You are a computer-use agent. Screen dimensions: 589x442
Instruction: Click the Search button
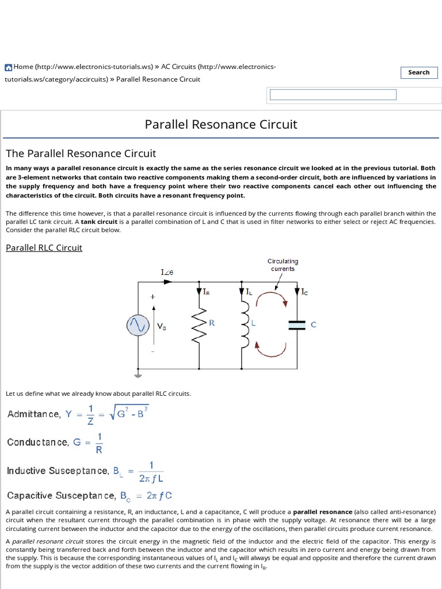pyautogui.click(x=418, y=72)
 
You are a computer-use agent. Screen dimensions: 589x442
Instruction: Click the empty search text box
pyautogui.click(x=333, y=95)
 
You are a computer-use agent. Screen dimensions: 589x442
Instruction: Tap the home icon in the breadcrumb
pyautogui.click(x=9, y=67)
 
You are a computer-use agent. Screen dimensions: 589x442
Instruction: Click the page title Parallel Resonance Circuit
pyautogui.click(x=221, y=124)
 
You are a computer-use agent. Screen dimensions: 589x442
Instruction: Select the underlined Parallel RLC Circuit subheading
pyautogui.click(x=44, y=247)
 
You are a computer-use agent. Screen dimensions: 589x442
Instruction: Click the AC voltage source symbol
pyautogui.click(x=138, y=326)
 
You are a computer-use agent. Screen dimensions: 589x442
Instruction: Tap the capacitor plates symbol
pyautogui.click(x=297, y=325)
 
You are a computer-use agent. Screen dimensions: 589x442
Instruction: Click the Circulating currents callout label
pyautogui.click(x=282, y=265)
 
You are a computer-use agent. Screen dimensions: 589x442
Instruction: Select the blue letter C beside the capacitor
pyautogui.click(x=314, y=325)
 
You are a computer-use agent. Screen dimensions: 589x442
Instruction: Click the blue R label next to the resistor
pyautogui.click(x=212, y=323)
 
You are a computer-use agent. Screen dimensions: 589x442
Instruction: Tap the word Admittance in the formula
pyautogui.click(x=33, y=414)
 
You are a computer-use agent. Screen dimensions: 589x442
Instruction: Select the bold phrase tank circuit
pyautogui.click(x=98, y=222)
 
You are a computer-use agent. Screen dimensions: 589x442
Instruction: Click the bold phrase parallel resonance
pyautogui.click(x=322, y=512)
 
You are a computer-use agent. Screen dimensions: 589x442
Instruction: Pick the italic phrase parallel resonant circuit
pyautogui.click(x=48, y=541)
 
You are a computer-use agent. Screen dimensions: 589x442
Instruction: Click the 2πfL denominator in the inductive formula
pyautogui.click(x=151, y=477)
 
